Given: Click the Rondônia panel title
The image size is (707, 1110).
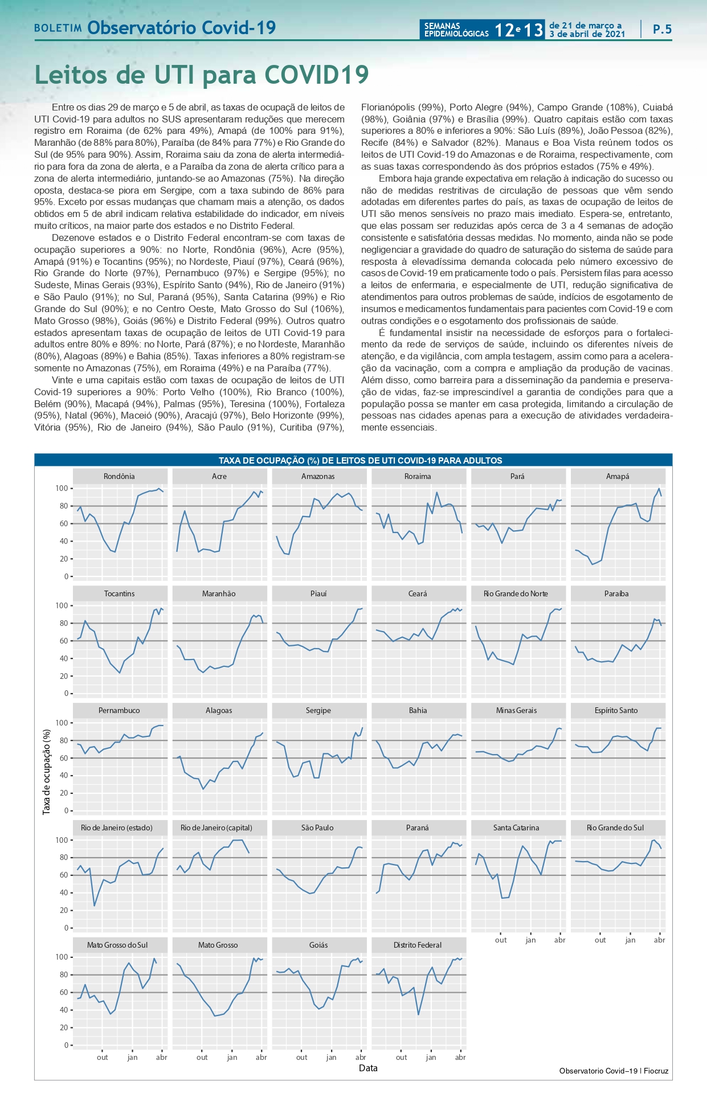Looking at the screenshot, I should (120, 476).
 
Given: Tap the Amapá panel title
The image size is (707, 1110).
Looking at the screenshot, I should (618, 476).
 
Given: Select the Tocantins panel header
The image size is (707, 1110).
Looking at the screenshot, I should (120, 593).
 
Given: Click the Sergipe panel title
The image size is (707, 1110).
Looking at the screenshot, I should (318, 710).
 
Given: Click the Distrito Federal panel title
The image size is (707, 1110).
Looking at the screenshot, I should (418, 945).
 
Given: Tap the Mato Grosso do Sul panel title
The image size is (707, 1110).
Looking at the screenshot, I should (117, 945).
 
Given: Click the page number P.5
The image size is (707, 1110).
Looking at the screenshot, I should (662, 30).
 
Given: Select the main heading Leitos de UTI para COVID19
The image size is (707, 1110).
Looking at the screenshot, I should (202, 75).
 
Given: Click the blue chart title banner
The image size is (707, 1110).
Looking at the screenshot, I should (353, 460).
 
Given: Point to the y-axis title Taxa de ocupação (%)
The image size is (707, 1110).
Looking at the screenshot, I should (47, 772).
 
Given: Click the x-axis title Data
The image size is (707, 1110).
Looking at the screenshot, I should (368, 1068).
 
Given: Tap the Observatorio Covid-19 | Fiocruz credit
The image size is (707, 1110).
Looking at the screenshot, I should (614, 1071).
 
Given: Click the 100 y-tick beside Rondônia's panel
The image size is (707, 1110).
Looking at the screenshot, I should (62, 488).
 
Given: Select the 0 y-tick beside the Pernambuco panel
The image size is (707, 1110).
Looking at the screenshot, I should (66, 810).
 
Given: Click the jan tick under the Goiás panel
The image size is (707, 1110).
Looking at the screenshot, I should (331, 1057).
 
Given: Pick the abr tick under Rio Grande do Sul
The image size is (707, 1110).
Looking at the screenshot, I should (659, 940).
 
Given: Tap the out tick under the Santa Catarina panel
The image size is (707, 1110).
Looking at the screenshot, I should (501, 940).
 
